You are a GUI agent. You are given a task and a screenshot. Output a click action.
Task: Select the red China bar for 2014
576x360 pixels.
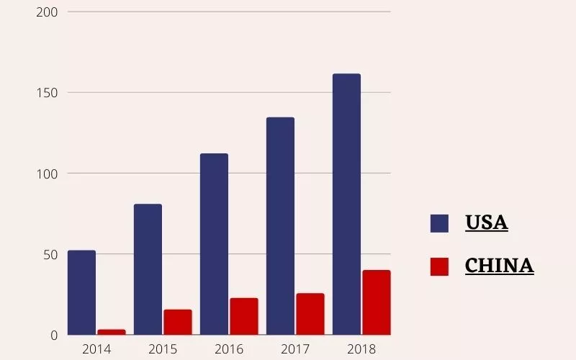(x=112, y=332)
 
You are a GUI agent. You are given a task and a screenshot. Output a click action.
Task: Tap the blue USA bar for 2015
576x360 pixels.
(x=148, y=269)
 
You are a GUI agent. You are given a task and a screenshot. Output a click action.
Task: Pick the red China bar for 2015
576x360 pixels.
(x=178, y=323)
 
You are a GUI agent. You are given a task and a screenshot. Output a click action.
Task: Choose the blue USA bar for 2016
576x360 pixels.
(x=214, y=244)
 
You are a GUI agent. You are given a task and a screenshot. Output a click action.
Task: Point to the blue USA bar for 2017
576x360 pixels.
(x=280, y=226)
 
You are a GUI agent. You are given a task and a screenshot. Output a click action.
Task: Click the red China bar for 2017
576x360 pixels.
(x=310, y=314)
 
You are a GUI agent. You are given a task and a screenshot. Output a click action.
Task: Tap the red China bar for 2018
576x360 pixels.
(x=377, y=302)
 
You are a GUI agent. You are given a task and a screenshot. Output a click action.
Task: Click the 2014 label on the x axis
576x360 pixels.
(x=96, y=349)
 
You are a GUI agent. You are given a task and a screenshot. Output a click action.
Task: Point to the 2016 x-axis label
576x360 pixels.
(x=229, y=349)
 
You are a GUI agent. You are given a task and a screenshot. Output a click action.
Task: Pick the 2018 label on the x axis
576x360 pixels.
(x=361, y=349)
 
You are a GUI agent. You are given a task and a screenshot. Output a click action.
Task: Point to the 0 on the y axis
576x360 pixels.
(x=53, y=335)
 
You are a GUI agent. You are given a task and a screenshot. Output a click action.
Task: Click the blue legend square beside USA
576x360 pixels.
(x=439, y=223)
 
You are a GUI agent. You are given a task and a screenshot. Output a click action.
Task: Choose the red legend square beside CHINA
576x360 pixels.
(x=439, y=266)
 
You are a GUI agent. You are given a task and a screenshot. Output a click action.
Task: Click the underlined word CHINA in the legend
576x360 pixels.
(x=499, y=266)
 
